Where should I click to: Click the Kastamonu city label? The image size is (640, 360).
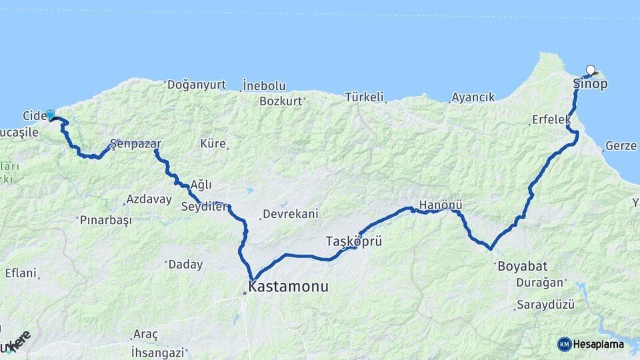(x=288, y=287)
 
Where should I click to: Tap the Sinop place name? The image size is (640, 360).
(x=590, y=84)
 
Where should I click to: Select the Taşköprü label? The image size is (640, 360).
(x=353, y=241)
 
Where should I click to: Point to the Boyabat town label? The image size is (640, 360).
(x=521, y=265)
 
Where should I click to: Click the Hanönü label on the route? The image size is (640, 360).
(x=441, y=205)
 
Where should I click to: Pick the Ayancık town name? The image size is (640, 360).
(x=473, y=97)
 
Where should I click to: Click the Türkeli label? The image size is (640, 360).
(x=365, y=97)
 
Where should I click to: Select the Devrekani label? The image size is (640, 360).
(x=290, y=214)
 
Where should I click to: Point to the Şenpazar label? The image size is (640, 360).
(x=135, y=143)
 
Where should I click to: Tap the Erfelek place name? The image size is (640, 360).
(x=551, y=120)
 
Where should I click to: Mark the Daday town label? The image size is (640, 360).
(x=185, y=265)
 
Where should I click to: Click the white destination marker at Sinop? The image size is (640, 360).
(x=591, y=69)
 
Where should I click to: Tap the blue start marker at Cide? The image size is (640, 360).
(x=50, y=115)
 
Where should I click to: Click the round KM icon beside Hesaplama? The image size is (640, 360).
(x=564, y=344)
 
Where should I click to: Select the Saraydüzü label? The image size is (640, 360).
(x=545, y=305)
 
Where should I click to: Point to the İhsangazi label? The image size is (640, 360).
(x=157, y=351)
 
